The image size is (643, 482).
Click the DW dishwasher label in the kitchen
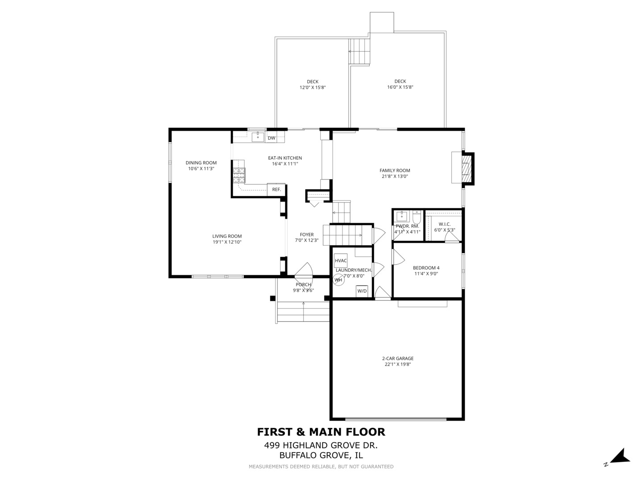[x=271, y=138]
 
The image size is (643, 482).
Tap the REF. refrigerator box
[x=276, y=190]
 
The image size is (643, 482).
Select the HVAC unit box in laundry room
[x=341, y=261]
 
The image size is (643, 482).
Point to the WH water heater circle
[x=338, y=280]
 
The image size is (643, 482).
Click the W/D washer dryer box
[x=362, y=291]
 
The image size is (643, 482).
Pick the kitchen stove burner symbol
[x=239, y=175]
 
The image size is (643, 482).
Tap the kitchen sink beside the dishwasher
[x=258, y=137]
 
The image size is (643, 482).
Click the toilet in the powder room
[x=417, y=217]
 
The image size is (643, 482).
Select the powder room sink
[x=402, y=216]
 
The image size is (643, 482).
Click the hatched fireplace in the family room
[x=467, y=169]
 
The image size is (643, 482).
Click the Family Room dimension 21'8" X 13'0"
[x=395, y=176]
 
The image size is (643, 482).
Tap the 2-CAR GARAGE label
[x=398, y=358]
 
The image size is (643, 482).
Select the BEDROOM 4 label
[x=426, y=268]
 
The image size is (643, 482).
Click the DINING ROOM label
[x=201, y=163]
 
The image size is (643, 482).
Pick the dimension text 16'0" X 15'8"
[x=400, y=87]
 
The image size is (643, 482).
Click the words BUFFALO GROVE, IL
[x=321, y=455]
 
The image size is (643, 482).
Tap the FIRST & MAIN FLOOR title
[x=321, y=432]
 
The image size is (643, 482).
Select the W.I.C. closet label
[x=445, y=224]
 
